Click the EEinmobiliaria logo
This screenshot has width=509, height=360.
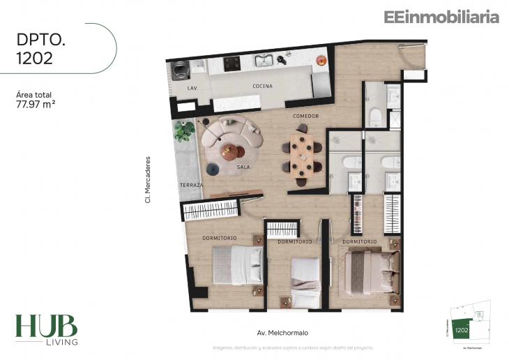pos(441,17)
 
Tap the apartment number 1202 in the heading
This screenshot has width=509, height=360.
pos(34,58)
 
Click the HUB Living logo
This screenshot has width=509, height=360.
pos(46,329)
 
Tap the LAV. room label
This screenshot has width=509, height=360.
pos(193,89)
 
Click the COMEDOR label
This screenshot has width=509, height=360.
pos(305,116)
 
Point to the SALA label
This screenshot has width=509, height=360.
pos(243,167)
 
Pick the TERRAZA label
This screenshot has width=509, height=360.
pos(190,185)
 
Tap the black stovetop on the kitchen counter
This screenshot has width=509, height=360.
pos(231,63)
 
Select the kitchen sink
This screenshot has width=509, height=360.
pos(264,61)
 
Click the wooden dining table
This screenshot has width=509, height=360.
pos(303,155)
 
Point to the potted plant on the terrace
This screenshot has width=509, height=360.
pos(185,130)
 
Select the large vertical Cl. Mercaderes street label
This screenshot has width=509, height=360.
pos(149,179)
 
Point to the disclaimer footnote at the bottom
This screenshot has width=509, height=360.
pos(293,347)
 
